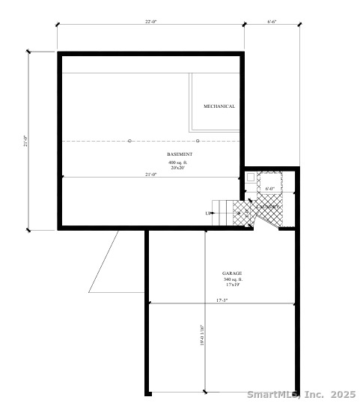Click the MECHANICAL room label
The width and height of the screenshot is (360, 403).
pos(219,106)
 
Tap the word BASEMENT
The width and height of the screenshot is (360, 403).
pos(180,154)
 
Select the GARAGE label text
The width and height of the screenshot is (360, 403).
pos(232,274)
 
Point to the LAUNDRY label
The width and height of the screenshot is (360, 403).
pos(269,206)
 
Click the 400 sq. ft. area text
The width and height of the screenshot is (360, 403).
pos(180,162)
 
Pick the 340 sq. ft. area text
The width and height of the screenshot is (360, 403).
pos(232,280)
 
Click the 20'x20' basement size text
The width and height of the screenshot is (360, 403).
pos(180,168)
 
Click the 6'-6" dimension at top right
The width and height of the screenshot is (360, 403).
pos(272,22)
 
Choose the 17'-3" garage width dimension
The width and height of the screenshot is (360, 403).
pos(221,300)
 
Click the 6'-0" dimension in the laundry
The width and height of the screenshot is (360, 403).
pos(270,189)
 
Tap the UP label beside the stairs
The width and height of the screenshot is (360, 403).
pos(208,213)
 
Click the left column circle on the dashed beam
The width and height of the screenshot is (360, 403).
pos(129,141)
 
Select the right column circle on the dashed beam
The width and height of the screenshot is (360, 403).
pos(198,141)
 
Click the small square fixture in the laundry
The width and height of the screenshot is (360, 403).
pos(251,178)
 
